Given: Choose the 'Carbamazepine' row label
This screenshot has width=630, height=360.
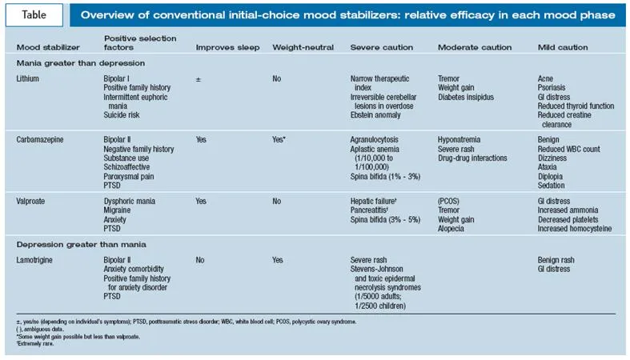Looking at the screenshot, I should point(39,138).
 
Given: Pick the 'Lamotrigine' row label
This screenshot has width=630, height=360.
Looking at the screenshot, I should point(37,260).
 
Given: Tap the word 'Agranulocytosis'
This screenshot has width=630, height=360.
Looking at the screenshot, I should point(377,138).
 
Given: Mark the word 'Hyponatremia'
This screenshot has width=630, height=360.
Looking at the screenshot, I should point(462,138).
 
